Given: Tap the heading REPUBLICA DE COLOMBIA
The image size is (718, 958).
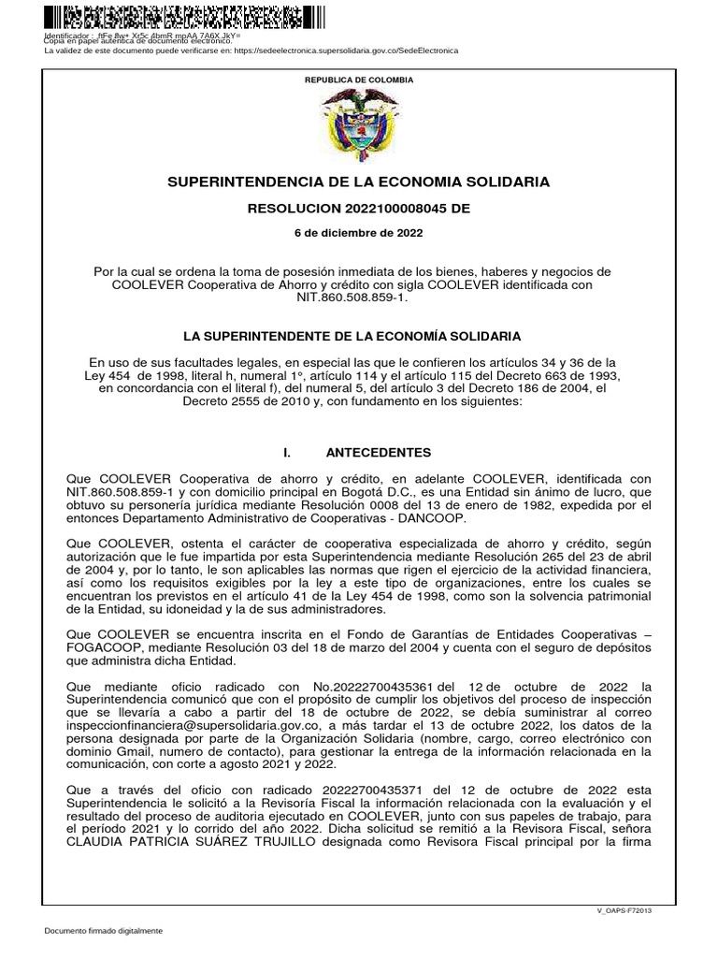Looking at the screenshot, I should tap(359, 80).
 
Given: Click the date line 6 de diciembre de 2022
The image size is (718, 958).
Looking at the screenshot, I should tap(359, 233).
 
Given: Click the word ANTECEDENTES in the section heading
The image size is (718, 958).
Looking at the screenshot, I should tap(378, 452).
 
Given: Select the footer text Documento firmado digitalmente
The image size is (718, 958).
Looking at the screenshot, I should tap(104, 931).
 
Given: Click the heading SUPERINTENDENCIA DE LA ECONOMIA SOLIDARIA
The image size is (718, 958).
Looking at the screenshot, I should tap(359, 181).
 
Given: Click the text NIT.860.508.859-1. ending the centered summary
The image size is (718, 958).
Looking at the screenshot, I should tap(358, 297).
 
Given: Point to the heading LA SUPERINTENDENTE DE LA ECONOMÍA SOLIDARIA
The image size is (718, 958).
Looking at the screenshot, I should tap(359, 335).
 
